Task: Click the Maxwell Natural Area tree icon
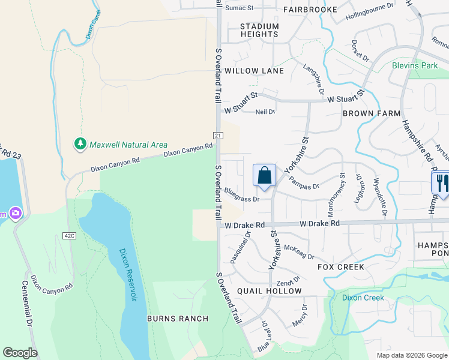tap(80, 144)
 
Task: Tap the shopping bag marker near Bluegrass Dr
tap(264, 176)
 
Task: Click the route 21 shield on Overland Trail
tap(218, 136)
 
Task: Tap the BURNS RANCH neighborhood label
tap(178, 319)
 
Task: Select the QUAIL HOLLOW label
tap(270, 291)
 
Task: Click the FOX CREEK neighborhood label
tap(341, 266)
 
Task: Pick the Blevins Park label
tap(415, 65)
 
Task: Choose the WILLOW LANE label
tap(254, 71)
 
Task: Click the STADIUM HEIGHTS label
tap(259, 31)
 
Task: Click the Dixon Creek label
tap(363, 298)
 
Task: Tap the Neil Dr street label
tap(265, 112)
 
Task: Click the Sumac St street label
tap(240, 8)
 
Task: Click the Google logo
tap(20, 353)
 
